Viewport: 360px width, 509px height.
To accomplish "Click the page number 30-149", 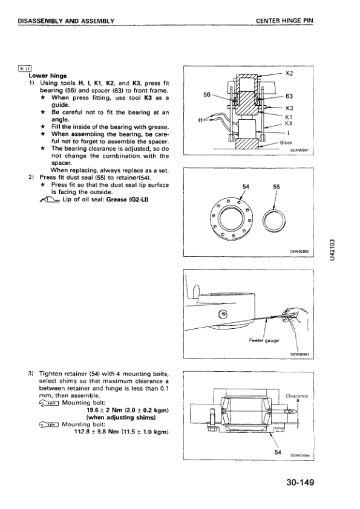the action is click(x=300, y=482).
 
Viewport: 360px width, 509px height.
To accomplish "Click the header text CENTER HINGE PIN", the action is click(x=284, y=21).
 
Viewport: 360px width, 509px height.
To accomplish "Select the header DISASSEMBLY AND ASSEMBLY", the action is click(x=66, y=21).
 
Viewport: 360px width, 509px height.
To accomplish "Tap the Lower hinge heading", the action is click(x=48, y=76).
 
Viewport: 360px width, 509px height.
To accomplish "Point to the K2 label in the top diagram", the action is click(x=289, y=73).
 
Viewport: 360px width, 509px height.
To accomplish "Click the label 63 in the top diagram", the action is click(x=289, y=96).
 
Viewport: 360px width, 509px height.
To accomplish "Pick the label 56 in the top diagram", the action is click(x=207, y=94).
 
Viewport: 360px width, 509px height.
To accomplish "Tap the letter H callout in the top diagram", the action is click(x=200, y=120).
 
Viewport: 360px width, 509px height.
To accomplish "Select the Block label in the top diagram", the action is click(x=286, y=143).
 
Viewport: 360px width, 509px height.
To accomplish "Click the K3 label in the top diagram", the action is click(x=289, y=108).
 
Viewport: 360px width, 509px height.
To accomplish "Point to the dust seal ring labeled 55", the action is click(x=275, y=221).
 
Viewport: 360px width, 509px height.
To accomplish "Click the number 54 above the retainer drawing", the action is click(x=246, y=187).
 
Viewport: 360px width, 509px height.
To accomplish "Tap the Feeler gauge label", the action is click(x=264, y=340).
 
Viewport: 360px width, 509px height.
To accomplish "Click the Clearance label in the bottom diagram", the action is click(x=296, y=396).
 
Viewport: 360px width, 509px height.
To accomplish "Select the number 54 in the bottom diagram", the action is click(x=278, y=452).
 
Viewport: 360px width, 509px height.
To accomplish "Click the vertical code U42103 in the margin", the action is click(x=332, y=250).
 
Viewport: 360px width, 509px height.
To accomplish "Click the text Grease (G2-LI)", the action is click(x=128, y=199).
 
